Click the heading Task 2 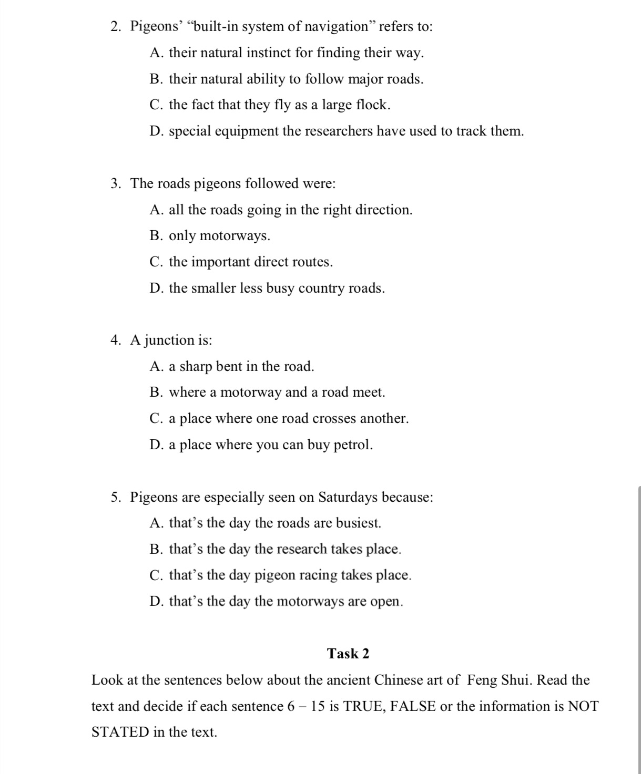348,654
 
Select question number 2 116,27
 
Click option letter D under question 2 156,131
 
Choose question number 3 116,184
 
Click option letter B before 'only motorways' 156,236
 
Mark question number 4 116,340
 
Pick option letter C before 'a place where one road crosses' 156,419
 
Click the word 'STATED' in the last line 120,732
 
